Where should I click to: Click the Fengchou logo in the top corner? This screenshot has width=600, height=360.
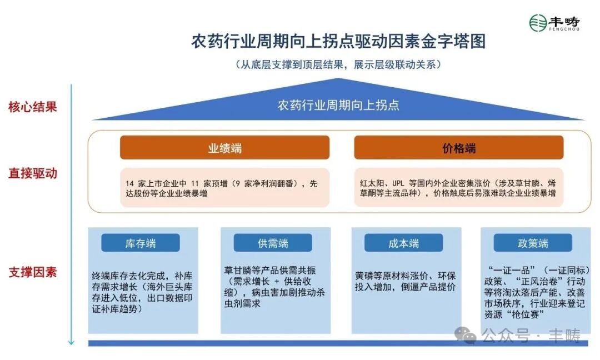tap(554, 23)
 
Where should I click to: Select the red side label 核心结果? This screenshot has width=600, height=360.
tap(33, 107)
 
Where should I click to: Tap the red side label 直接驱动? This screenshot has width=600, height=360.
tap(33, 173)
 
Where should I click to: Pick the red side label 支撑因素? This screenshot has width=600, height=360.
tap(33, 272)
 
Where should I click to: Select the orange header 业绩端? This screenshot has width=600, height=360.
tap(224, 148)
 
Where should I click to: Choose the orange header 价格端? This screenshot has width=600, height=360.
tap(458, 148)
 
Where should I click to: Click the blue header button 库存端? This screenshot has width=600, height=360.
tap(140, 243)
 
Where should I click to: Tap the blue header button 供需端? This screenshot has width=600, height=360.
tap(272, 243)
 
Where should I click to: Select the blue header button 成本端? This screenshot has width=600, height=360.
tap(403, 243)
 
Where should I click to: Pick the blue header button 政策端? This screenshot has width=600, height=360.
tap(532, 243)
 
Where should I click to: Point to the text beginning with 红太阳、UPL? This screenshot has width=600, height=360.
tap(458, 188)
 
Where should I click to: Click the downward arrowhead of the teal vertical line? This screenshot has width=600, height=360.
tap(71, 341)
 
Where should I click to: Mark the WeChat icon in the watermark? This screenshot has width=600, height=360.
tap(465, 335)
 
